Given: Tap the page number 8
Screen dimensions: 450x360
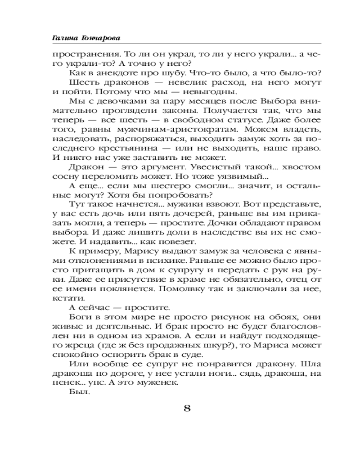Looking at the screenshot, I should coord(187,409).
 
